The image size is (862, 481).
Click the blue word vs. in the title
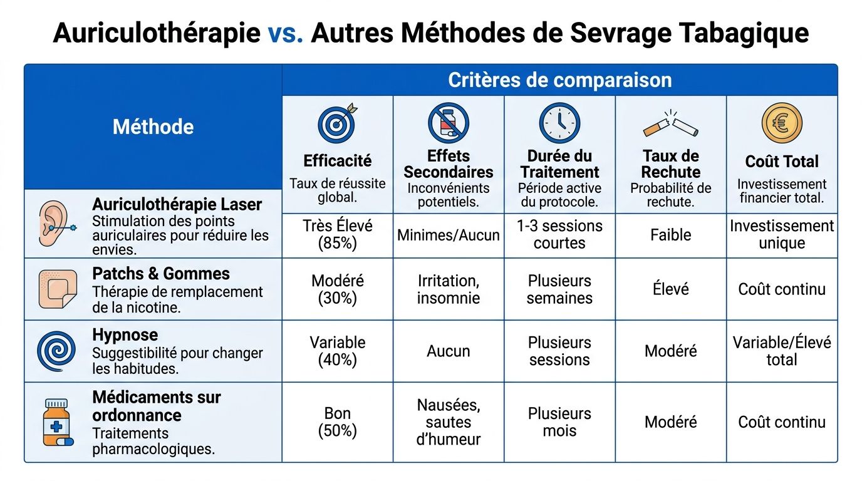point(286,33)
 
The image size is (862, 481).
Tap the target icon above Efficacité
point(337,123)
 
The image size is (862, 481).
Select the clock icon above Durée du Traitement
point(559,123)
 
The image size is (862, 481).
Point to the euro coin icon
point(781,123)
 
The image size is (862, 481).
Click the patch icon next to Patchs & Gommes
point(57,289)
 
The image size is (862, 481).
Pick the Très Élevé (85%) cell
point(338,235)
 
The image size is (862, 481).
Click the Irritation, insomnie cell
point(449,289)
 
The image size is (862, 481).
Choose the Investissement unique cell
point(782,235)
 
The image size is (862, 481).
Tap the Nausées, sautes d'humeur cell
point(449,422)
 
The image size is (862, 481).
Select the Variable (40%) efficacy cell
point(338,351)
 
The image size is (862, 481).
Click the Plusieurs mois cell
point(559,422)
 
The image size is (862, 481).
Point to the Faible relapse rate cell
point(670,235)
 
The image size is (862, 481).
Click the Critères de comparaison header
point(559,80)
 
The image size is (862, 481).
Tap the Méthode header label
point(153,127)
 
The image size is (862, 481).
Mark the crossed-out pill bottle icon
point(449,123)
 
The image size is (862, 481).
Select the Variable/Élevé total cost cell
point(782,351)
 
